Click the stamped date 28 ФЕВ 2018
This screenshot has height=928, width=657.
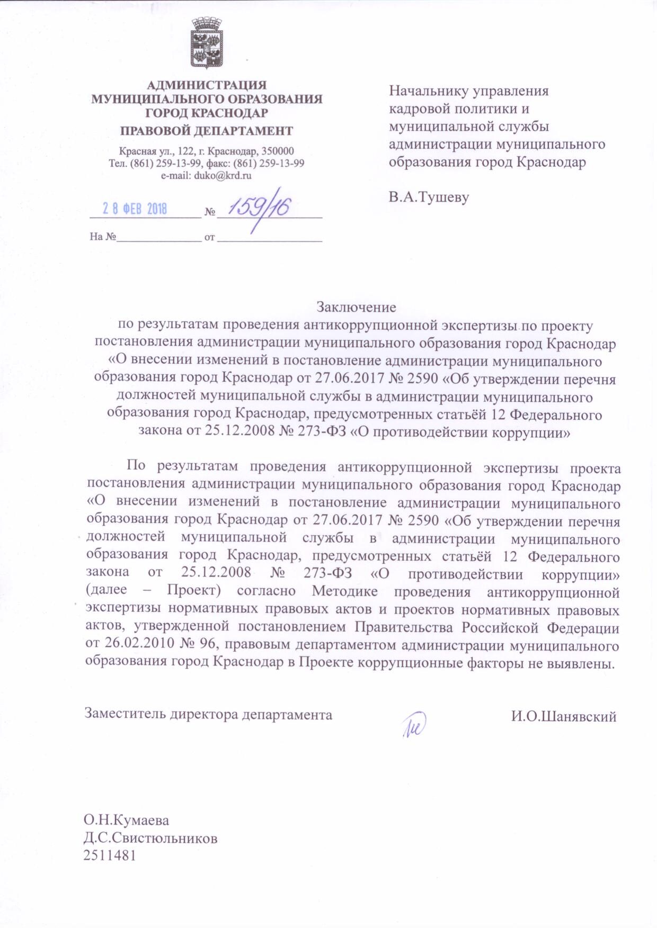click(135, 209)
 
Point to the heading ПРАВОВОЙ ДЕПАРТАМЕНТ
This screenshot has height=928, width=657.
click(206, 131)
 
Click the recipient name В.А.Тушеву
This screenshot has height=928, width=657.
click(429, 197)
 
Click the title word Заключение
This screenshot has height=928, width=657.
click(356, 307)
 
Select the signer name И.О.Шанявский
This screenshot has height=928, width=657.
click(563, 717)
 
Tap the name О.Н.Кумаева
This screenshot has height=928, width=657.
click(126, 821)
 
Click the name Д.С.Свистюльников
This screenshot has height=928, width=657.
click(150, 839)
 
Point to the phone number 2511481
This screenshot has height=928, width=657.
click(110, 856)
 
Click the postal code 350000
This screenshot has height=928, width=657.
click(276, 151)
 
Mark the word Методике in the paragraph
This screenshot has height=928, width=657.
click(344, 592)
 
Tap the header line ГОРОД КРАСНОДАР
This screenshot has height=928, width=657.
click(206, 112)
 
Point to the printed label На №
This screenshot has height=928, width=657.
click(103, 237)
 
